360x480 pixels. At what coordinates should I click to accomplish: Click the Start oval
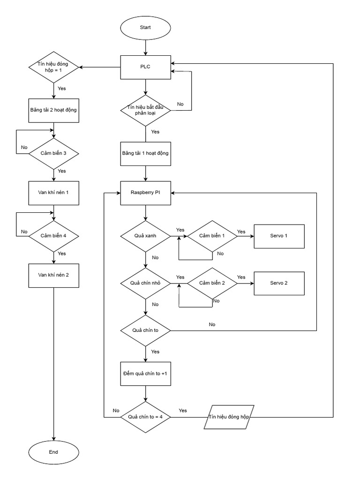(x=145, y=28)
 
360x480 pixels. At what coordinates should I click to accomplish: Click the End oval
(x=53, y=452)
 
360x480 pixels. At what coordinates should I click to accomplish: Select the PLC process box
(x=145, y=67)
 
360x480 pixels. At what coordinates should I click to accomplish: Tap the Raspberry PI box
(x=145, y=193)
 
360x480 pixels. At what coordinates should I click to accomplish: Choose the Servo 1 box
(x=279, y=236)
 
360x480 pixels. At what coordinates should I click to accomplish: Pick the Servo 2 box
(x=279, y=283)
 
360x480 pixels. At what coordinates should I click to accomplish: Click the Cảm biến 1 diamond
(x=212, y=236)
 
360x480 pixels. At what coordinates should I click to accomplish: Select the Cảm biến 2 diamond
(x=212, y=283)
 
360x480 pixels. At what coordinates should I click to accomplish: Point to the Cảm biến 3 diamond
(x=53, y=153)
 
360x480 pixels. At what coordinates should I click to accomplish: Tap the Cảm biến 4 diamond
(x=53, y=235)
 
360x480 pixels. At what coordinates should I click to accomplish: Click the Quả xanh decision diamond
(x=145, y=236)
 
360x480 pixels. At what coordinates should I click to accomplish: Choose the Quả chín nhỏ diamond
(x=145, y=283)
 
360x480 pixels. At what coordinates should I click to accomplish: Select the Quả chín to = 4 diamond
(x=145, y=417)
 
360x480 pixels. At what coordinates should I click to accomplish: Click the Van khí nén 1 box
(x=53, y=192)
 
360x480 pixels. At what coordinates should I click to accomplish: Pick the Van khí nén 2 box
(x=53, y=274)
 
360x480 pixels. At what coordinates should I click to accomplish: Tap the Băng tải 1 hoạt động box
(x=145, y=153)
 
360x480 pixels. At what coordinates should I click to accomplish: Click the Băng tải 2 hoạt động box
(x=53, y=110)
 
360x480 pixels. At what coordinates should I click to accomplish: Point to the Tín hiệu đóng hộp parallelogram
(x=230, y=417)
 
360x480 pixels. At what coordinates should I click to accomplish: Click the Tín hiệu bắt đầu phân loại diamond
(x=145, y=111)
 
